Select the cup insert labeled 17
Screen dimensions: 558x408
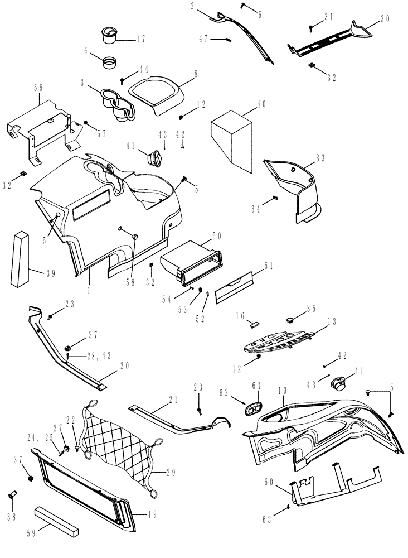point(109,35)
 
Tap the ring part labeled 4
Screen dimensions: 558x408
point(110,60)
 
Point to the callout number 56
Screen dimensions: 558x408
point(38,87)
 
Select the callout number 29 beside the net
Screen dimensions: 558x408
point(171,472)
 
